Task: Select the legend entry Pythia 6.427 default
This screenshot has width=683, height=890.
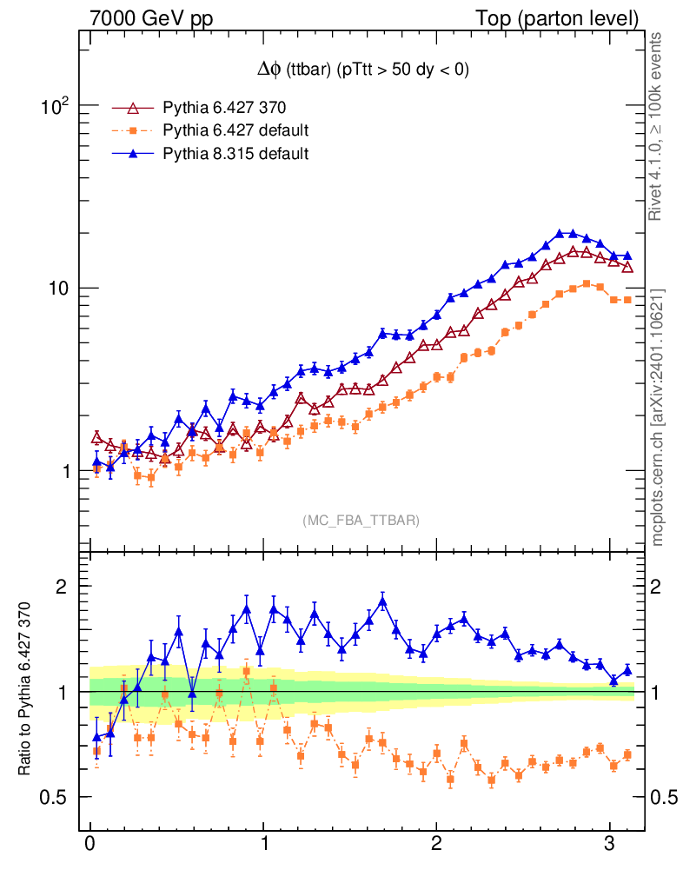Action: [x=235, y=131]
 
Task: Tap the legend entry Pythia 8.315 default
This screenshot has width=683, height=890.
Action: [x=235, y=154]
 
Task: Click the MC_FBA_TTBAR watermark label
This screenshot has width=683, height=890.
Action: [x=361, y=521]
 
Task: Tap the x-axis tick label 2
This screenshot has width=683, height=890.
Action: [x=436, y=844]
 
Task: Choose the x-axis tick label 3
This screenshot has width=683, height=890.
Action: [x=610, y=844]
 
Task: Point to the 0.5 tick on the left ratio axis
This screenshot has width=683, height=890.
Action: [x=56, y=798]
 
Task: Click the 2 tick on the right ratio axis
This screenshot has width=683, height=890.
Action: [x=662, y=587]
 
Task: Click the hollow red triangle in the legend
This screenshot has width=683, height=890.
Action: [x=133, y=109]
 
